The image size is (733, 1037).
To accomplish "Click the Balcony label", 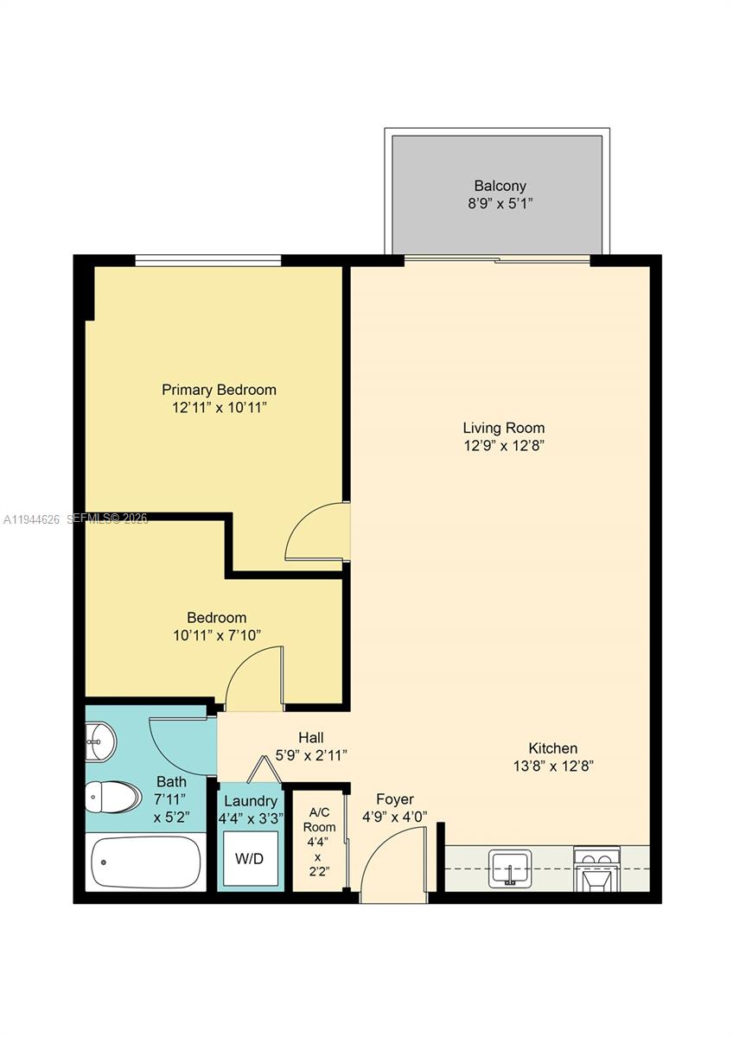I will tap(500, 186).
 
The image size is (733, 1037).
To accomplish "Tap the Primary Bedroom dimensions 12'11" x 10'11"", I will tap(219, 407).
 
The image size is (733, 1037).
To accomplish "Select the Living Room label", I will tap(503, 428).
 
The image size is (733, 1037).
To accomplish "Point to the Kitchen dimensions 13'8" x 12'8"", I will tap(552, 766).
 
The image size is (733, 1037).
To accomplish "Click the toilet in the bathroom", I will tap(113, 797).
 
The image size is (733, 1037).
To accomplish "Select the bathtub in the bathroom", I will tap(145, 862).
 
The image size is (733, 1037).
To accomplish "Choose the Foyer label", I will tap(394, 799).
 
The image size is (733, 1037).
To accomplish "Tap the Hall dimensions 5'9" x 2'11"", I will tap(311, 755).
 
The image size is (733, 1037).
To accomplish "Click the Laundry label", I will tap(250, 801).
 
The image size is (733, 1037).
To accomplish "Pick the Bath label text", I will tap(171, 781).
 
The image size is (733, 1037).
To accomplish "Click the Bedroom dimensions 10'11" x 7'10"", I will tap(217, 635).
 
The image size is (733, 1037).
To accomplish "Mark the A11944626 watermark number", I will tap(32, 519).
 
